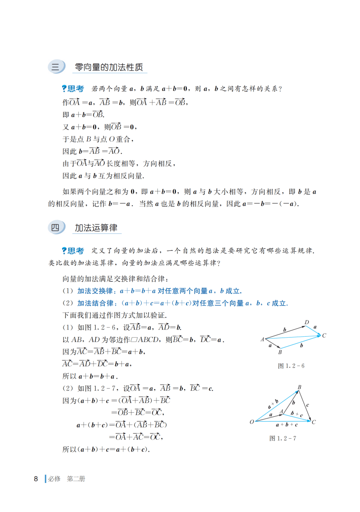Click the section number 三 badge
point(56,68)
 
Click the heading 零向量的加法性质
point(109,68)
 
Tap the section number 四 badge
point(56,228)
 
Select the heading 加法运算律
point(96,228)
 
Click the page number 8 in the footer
point(36,478)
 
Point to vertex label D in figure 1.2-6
point(307,322)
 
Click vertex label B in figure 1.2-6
point(280,352)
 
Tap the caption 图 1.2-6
point(291,366)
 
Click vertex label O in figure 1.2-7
point(251,422)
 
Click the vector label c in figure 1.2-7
point(308,405)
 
